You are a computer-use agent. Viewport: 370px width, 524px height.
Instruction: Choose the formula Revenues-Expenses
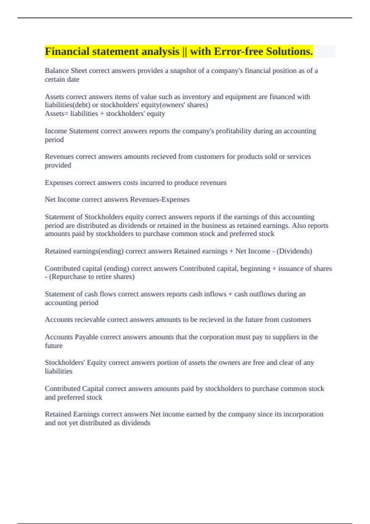coord(160,199)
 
